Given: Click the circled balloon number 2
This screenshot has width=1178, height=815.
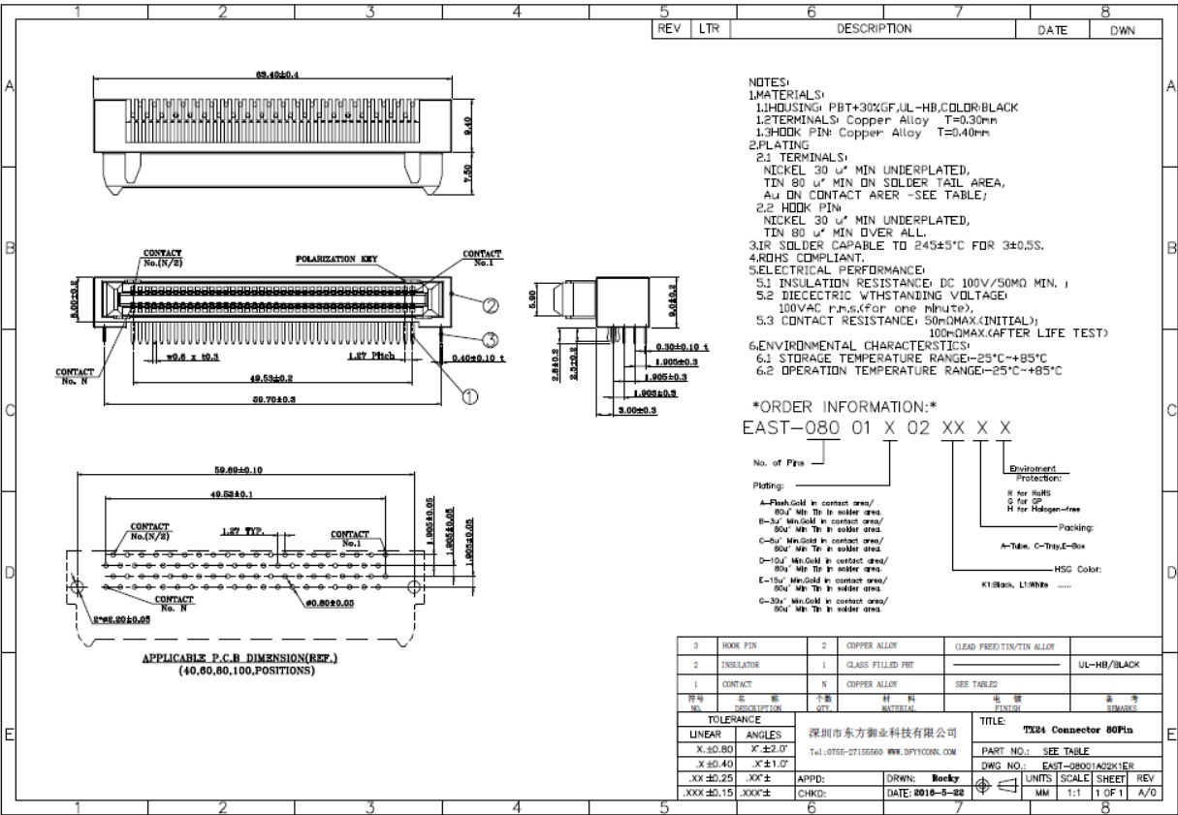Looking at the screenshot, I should click(491, 306).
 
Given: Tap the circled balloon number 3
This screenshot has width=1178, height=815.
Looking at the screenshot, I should click(491, 338).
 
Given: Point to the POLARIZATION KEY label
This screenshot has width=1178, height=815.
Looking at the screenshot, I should click(336, 259).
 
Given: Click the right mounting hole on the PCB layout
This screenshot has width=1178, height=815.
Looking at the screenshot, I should click(415, 587).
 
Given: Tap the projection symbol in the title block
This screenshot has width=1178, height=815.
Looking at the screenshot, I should click(998, 787).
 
